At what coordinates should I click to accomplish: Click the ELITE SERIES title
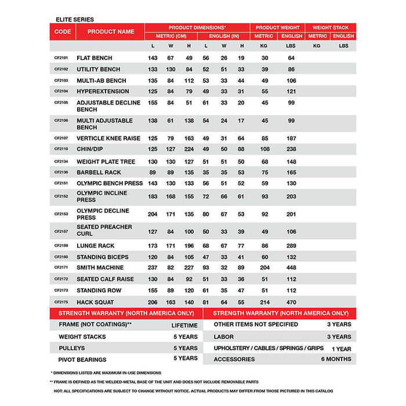(x=72, y=19)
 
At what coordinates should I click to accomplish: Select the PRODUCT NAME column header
(x=111, y=31)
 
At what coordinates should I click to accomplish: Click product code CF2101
(x=61, y=58)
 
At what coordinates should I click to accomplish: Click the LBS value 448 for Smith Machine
(x=291, y=267)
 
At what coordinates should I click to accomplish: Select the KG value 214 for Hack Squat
(x=264, y=302)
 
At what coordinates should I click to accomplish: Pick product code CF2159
(x=61, y=246)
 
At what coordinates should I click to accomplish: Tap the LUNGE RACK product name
(x=96, y=246)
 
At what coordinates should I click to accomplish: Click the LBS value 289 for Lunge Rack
(x=291, y=246)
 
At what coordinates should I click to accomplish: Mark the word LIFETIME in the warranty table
(x=184, y=325)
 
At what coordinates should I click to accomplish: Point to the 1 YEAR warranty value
(x=341, y=349)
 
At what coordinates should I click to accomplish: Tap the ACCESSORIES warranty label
(x=234, y=359)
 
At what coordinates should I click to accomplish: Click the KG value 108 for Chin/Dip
(x=264, y=148)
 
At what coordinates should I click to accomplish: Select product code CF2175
(x=61, y=302)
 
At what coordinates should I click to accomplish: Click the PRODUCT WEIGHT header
(x=278, y=27)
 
